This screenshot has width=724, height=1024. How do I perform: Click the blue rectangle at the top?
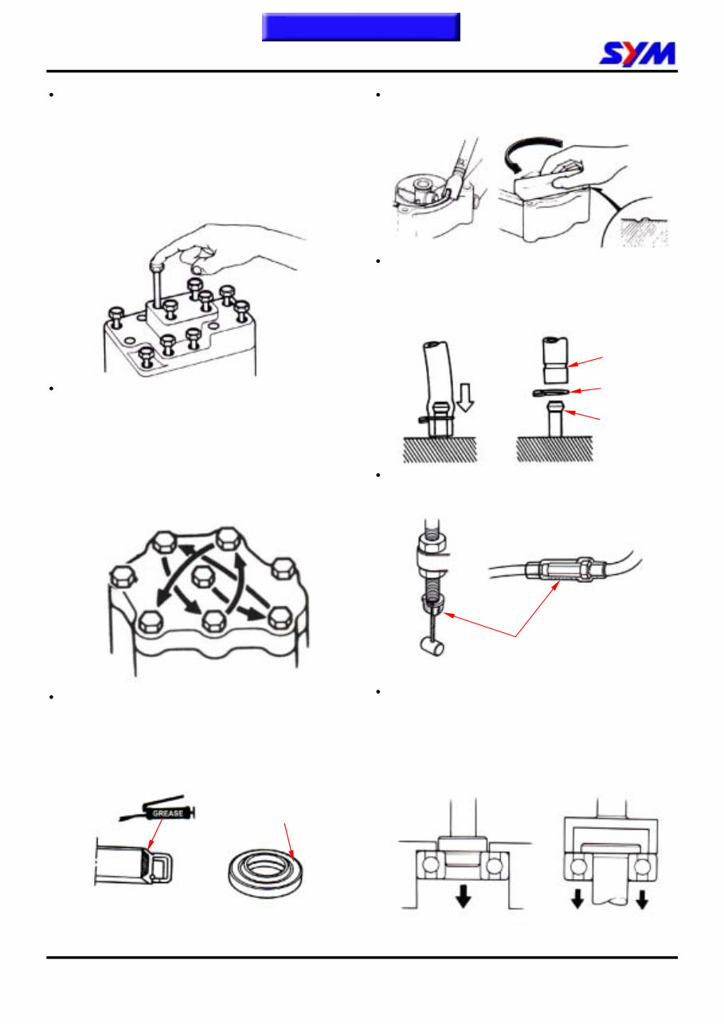(x=362, y=26)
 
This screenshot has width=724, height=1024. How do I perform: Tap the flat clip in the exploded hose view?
(x=554, y=391)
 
